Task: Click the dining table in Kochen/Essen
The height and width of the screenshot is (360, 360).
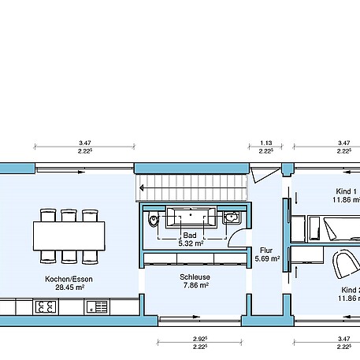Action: (69, 234)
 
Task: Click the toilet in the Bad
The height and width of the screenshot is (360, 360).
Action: (153, 220)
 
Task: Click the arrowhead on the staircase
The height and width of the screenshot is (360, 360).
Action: (139, 188)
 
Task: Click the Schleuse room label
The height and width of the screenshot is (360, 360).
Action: (194, 277)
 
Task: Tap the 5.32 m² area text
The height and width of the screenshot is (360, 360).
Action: (189, 243)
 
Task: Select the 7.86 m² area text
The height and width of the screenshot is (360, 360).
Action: (194, 286)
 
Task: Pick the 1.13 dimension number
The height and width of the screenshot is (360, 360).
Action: (265, 143)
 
